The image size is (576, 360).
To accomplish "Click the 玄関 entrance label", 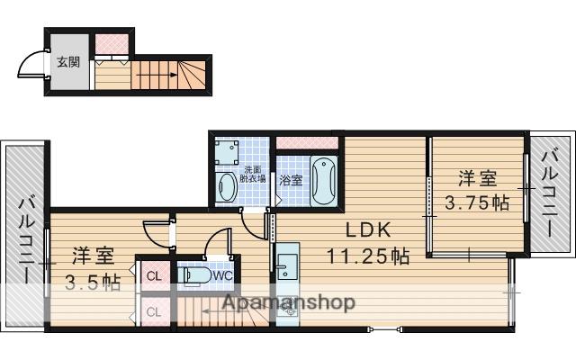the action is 68,62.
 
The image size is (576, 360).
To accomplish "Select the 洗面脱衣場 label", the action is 253,175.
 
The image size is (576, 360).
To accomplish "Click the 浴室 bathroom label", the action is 291,180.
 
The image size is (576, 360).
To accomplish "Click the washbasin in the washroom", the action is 228,187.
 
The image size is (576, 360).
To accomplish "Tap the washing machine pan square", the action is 227,152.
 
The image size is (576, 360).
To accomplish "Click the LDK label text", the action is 368,230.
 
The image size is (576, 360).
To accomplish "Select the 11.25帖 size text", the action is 368,256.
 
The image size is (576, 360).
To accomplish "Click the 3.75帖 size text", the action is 476,202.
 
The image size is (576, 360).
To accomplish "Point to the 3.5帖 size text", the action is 93,282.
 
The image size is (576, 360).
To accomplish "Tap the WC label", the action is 223,275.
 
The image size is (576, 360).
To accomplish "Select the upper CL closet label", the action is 154,276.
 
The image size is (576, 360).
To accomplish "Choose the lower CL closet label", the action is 154,312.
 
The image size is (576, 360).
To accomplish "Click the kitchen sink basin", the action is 288,267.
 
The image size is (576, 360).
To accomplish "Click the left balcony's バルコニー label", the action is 26,240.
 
